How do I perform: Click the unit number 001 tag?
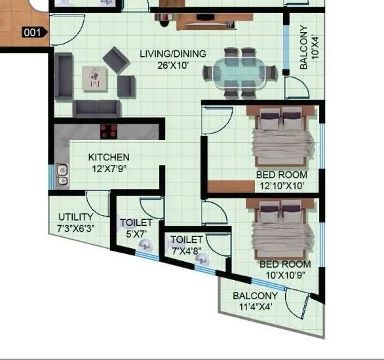(32, 31)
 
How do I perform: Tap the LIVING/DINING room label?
(172, 54)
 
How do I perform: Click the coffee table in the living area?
(94, 78)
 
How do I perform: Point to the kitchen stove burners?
(109, 131)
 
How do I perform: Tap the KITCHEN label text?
(109, 157)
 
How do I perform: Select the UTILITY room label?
(75, 217)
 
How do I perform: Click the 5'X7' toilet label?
(136, 228)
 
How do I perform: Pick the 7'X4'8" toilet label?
(187, 245)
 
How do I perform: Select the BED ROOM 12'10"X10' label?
(282, 181)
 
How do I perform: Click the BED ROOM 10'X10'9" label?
(285, 269)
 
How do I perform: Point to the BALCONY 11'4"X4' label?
(256, 300)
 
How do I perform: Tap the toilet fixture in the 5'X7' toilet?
(145, 247)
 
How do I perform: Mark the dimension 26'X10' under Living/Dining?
(172, 64)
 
